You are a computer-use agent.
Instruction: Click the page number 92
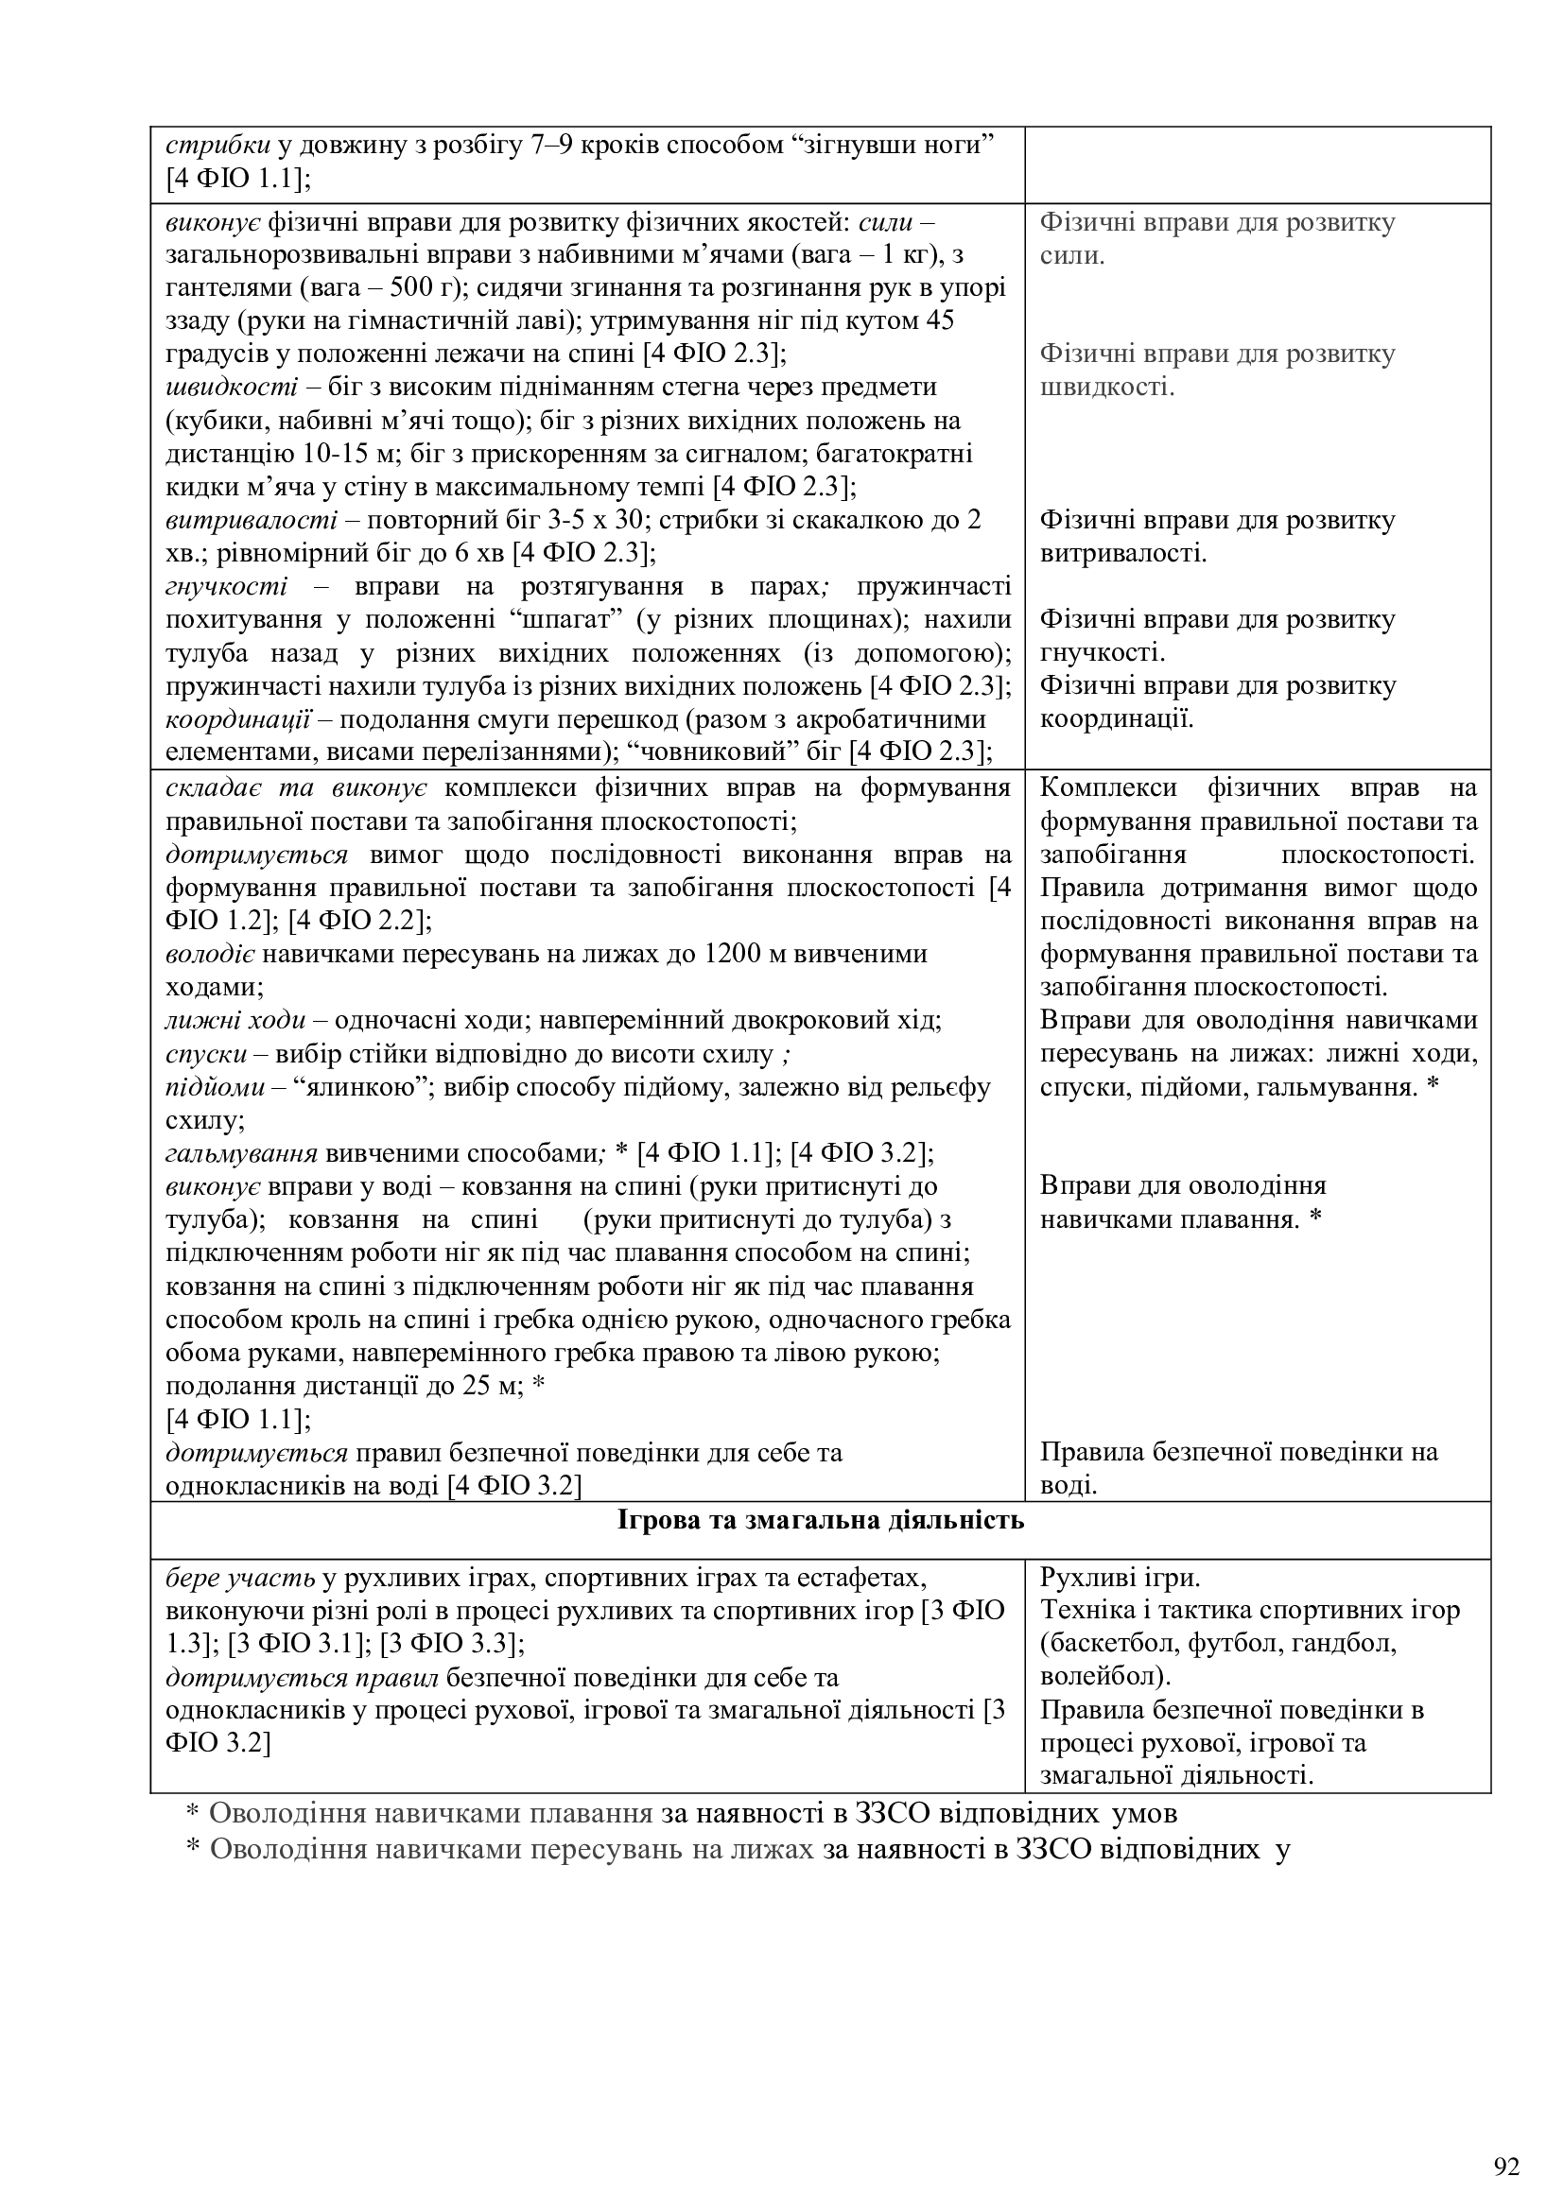coord(1507,2141)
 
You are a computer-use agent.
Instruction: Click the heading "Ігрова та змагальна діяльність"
coord(821,1521)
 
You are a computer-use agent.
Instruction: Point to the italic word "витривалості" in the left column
coord(252,520)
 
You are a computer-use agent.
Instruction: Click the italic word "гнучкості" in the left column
coord(226,586)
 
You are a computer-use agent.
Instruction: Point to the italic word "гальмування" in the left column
coord(242,1152)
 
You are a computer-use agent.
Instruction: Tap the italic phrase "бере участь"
coord(240,1579)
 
